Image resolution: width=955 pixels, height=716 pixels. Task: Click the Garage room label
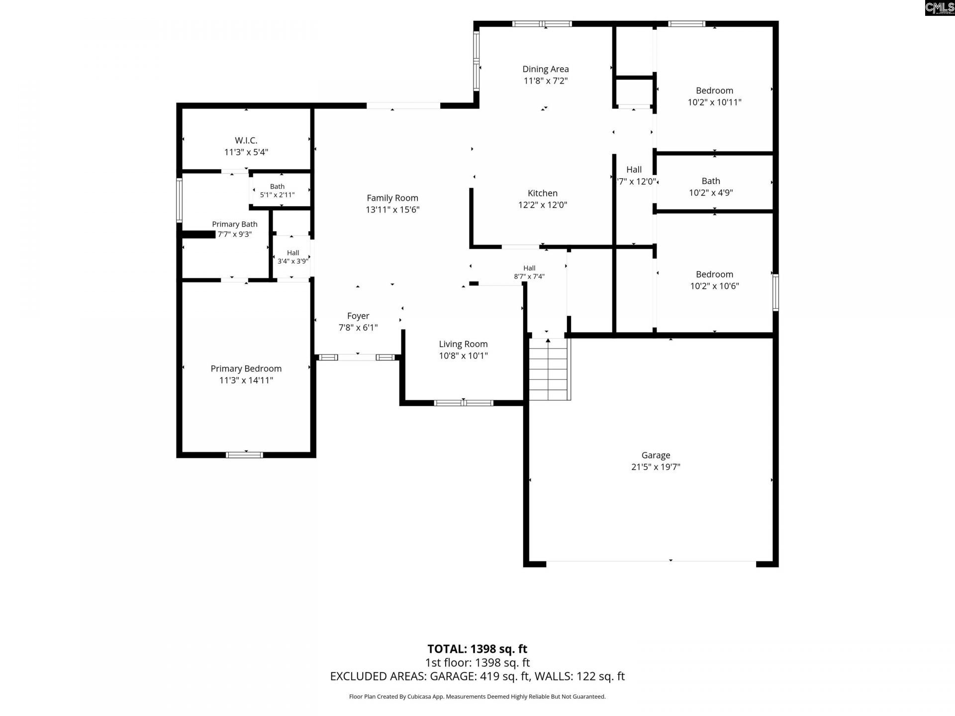tap(656, 455)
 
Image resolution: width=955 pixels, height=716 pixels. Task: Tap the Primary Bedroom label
tap(246, 368)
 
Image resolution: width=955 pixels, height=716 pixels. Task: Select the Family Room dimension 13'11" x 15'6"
tap(392, 210)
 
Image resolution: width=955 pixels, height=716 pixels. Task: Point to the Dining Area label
tap(546, 69)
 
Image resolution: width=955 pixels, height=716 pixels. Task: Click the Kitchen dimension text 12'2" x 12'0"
tap(543, 205)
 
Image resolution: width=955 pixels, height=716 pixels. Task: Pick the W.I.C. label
tap(246, 141)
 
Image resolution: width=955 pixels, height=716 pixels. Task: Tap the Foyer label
tap(358, 316)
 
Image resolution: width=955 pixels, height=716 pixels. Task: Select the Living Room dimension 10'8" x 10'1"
tap(463, 356)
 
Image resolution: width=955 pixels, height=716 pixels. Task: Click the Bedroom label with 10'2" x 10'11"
tap(714, 90)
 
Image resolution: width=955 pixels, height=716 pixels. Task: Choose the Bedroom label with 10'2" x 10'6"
tap(714, 274)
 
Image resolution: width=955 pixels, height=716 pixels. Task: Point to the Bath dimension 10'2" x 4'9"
tap(711, 193)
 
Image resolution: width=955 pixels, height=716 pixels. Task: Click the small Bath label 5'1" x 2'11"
tap(277, 186)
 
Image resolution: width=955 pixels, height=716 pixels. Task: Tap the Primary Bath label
tap(235, 224)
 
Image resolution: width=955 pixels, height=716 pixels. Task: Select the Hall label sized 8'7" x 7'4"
tap(529, 268)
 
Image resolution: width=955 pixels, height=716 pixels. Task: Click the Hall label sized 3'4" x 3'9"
tap(293, 253)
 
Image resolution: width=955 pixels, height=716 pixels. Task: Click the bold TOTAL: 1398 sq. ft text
tap(477, 649)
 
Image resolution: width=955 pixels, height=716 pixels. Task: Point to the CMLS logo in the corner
tap(940, 8)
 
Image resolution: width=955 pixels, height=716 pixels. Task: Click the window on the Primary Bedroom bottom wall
tap(244, 454)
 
